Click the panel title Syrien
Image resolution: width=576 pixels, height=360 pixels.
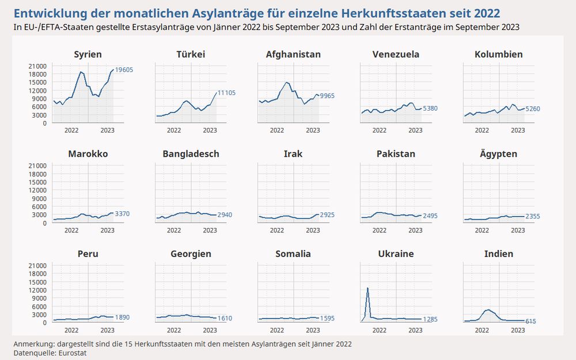88,55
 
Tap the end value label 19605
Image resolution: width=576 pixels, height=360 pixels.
124,70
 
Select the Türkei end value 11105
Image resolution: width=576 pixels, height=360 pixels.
226,93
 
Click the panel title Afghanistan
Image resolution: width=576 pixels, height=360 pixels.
293,55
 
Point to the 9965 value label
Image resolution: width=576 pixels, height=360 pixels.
327,96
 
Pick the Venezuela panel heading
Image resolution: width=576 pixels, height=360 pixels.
396,55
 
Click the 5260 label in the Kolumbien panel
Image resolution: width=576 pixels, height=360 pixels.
533,108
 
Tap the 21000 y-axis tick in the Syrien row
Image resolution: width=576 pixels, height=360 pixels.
39,66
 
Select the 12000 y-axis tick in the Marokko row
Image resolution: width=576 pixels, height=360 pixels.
39,190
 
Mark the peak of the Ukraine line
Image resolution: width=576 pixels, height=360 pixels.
367,288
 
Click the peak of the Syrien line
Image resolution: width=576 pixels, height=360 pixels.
81,72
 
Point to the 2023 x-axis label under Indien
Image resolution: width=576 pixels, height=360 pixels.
518,330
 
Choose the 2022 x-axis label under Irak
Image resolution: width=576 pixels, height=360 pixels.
276,230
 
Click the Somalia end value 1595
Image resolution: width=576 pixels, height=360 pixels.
327,318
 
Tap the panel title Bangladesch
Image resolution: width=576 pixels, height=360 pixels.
191,154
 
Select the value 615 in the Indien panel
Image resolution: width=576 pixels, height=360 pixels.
530,321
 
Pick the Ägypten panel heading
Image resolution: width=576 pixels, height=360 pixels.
498,154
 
